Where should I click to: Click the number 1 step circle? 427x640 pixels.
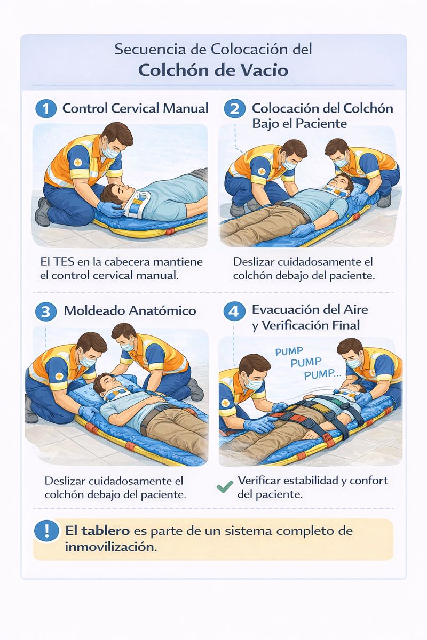coord(46,109)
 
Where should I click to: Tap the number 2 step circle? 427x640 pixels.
coord(234,109)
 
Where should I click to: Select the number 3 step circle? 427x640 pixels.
coord(46,311)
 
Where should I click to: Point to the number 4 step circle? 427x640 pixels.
coord(234,311)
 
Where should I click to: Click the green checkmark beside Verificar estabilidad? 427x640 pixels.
coord(225,486)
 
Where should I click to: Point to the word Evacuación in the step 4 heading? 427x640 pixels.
coord(287,310)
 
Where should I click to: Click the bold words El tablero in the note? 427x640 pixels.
coord(98,531)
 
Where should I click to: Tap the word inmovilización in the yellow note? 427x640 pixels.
coord(111,547)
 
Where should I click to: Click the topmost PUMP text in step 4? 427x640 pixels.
coord(289,351)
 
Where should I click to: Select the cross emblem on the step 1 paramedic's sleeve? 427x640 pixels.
coord(77,163)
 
